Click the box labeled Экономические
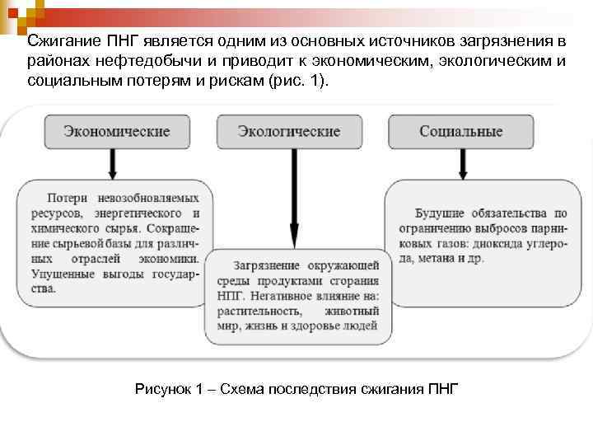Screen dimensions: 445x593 click(117, 132)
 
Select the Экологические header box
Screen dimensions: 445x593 click(288, 132)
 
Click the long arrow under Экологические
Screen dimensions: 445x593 click(290, 198)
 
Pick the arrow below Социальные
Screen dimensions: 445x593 click(463, 164)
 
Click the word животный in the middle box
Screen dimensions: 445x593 click(352, 311)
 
